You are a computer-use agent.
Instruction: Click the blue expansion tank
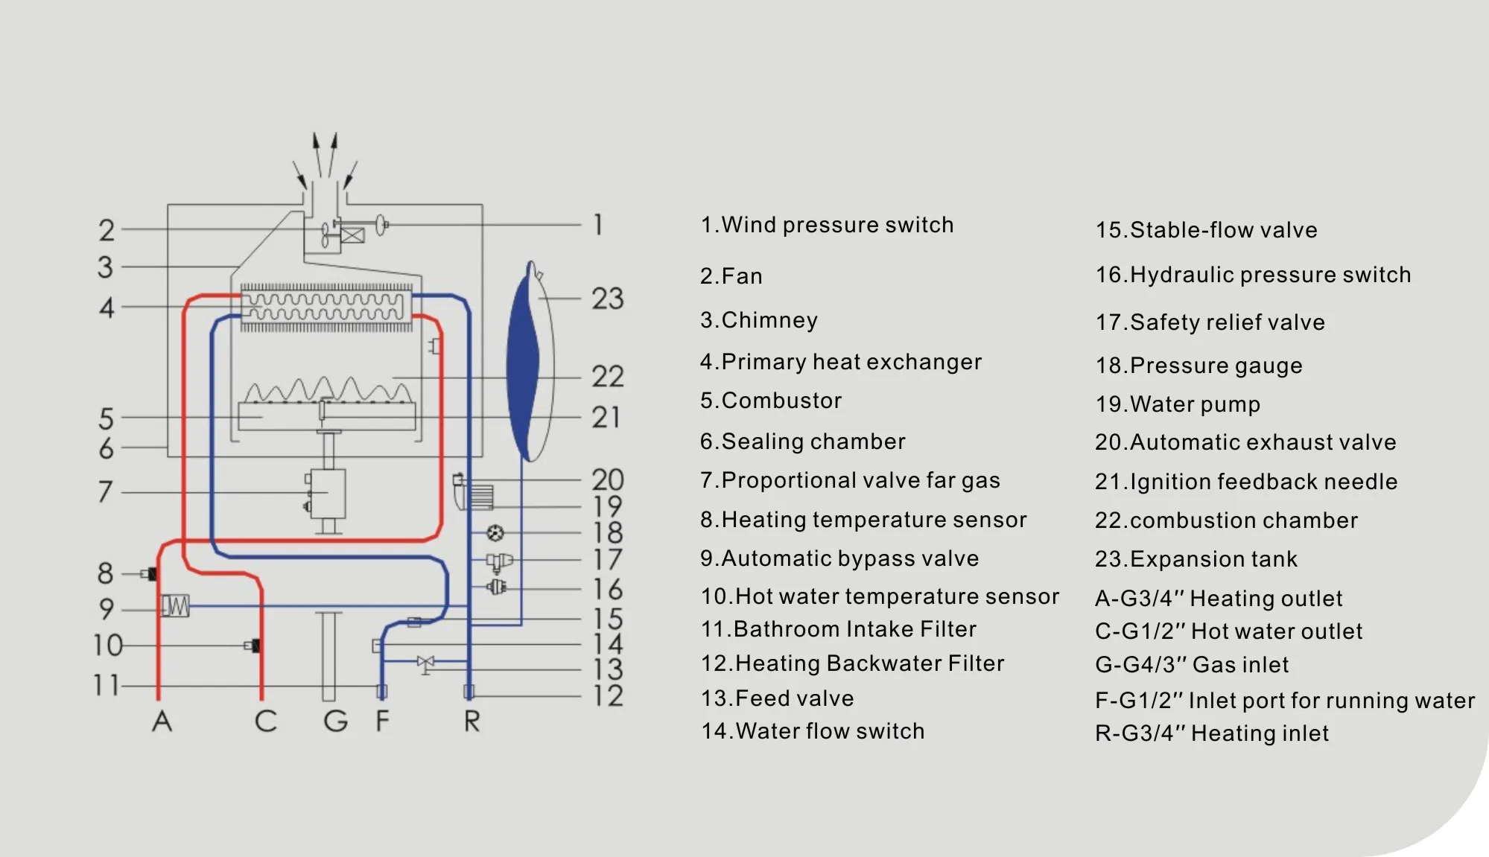[530, 361]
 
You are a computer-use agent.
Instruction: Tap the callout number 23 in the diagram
[608, 299]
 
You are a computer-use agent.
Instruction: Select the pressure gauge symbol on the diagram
[495, 532]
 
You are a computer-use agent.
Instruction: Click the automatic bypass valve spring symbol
[176, 606]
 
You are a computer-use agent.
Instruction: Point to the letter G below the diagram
[336, 721]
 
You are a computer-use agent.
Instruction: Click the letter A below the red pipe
[162, 721]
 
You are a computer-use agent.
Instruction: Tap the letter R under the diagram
[472, 721]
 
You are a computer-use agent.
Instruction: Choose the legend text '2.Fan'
[731, 276]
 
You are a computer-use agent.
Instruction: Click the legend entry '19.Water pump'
[1178, 404]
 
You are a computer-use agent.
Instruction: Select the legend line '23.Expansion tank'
[1196, 559]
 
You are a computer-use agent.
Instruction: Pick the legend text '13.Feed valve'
[778, 698]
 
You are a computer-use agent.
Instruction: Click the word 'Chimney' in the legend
[769, 320]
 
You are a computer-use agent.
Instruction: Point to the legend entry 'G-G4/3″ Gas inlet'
[1192, 664]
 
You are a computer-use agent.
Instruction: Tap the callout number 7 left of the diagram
[106, 491]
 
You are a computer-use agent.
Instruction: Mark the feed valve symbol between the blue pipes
[425, 662]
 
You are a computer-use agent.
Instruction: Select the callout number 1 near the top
[597, 225]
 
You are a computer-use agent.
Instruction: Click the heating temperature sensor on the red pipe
[151, 574]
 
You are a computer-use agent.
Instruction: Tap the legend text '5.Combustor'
[771, 401]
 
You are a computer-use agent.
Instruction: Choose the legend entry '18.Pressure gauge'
[1198, 366]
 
